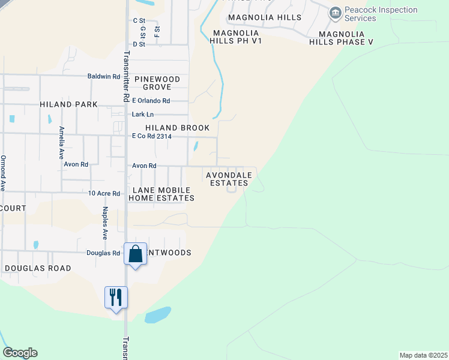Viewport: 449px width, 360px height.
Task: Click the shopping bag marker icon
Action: tap(135, 254)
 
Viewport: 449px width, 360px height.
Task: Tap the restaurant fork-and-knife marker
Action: tap(116, 297)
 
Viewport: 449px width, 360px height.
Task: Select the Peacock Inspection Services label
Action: tap(381, 14)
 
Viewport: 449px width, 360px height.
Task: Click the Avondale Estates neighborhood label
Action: tap(227, 179)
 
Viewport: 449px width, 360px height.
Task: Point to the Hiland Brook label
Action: tap(178, 128)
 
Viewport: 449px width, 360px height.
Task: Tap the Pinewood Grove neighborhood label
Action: tap(157, 83)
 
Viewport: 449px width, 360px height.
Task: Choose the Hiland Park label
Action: tap(68, 104)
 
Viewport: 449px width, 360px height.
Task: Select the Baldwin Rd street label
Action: tap(103, 77)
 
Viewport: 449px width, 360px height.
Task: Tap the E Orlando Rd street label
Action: tap(151, 101)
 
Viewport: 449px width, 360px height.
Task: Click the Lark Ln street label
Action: tap(142, 115)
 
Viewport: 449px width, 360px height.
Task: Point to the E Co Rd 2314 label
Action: tap(156, 136)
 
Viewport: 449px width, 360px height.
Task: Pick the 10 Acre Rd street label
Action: tap(104, 193)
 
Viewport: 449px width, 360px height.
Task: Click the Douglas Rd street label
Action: tap(103, 253)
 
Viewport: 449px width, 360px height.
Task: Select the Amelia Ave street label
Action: tap(61, 142)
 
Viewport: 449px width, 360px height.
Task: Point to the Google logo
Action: tap(20, 353)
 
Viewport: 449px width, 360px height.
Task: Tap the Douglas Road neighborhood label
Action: tap(37, 268)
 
